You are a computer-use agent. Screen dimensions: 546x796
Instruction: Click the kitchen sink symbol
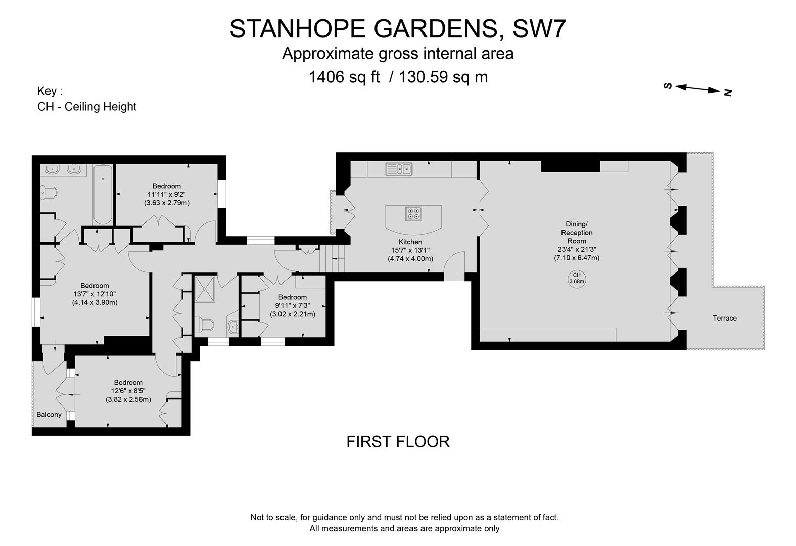click(399, 169)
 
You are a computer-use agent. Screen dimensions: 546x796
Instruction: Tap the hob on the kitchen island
click(413, 214)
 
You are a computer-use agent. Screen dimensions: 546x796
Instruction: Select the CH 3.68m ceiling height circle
click(577, 279)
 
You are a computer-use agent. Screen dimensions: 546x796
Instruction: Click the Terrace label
click(724, 318)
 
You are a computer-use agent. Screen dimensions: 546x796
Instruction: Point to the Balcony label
click(49, 414)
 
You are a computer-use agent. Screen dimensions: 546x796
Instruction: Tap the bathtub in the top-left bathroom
click(103, 195)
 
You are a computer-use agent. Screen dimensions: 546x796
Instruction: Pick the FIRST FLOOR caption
click(398, 442)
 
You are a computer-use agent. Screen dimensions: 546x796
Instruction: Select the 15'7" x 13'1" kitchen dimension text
click(410, 250)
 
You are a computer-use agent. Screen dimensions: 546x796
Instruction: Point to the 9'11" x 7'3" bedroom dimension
click(292, 305)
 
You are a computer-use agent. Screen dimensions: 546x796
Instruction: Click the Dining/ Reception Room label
click(576, 233)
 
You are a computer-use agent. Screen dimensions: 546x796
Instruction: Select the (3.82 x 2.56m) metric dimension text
click(128, 399)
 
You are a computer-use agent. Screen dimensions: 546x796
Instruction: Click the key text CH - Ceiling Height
click(87, 107)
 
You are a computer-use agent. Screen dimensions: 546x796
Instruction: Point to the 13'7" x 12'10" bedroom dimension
click(95, 294)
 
